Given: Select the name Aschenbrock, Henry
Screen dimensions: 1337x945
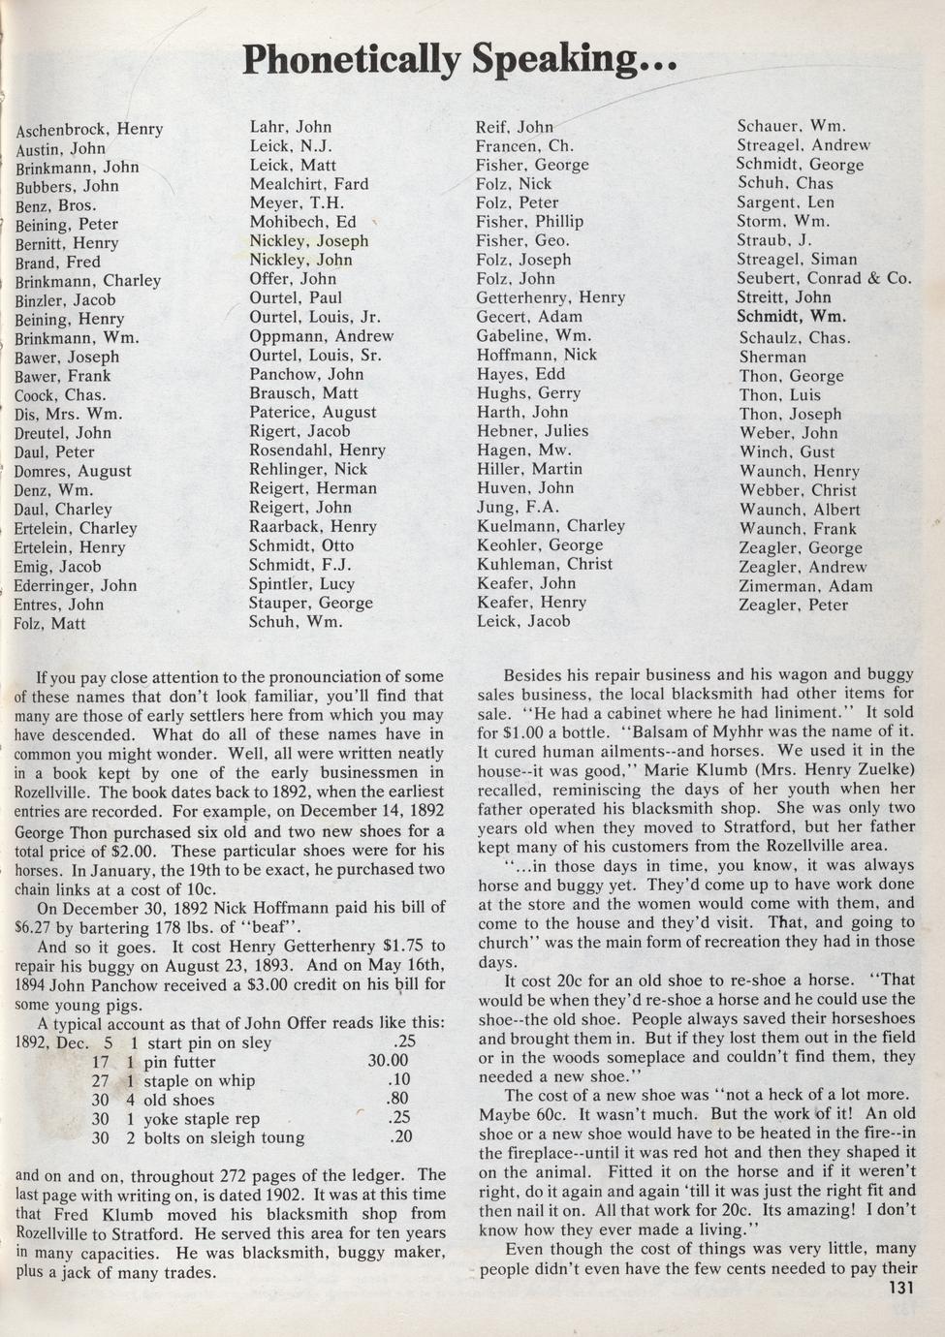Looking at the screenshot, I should click(89, 129).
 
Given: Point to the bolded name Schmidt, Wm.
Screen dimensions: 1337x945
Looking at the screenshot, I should click(791, 317).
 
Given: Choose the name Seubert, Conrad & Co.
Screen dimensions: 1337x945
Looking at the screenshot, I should click(824, 279).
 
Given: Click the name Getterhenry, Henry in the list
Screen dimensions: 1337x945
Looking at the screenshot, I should click(551, 297).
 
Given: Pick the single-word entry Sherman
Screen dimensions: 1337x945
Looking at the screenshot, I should click(772, 357).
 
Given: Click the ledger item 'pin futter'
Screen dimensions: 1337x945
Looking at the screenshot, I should click(179, 1062).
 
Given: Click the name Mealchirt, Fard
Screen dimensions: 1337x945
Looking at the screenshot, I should click(309, 184).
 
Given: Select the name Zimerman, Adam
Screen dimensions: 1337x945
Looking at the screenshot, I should click(805, 586).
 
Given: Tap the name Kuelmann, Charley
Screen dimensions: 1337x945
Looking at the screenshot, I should click(551, 526).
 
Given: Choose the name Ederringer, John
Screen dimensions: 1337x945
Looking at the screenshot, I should click(76, 586).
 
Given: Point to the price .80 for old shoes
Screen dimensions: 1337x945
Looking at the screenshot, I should click(396, 1100).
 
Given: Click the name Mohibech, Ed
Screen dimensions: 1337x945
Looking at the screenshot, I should click(302, 222).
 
